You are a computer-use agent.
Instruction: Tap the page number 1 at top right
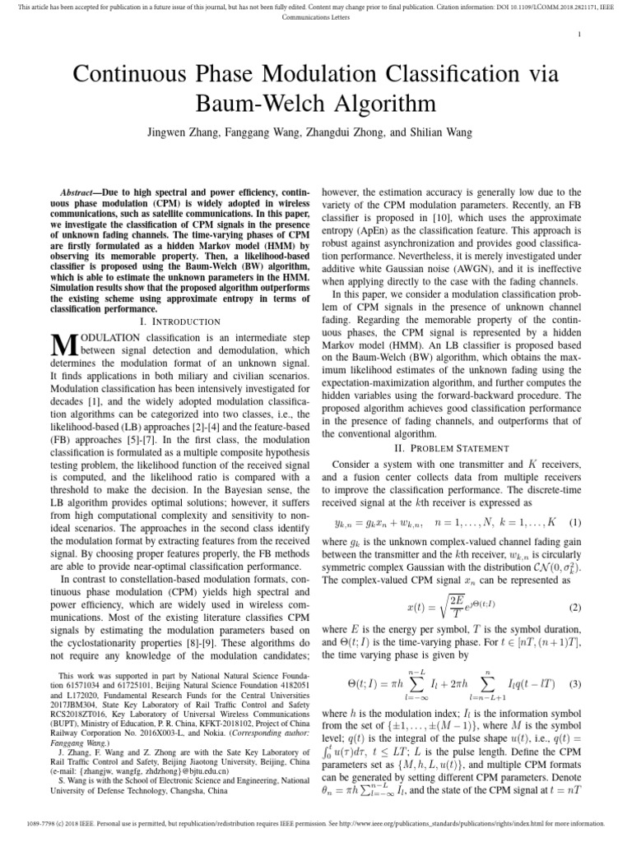point(581,34)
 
